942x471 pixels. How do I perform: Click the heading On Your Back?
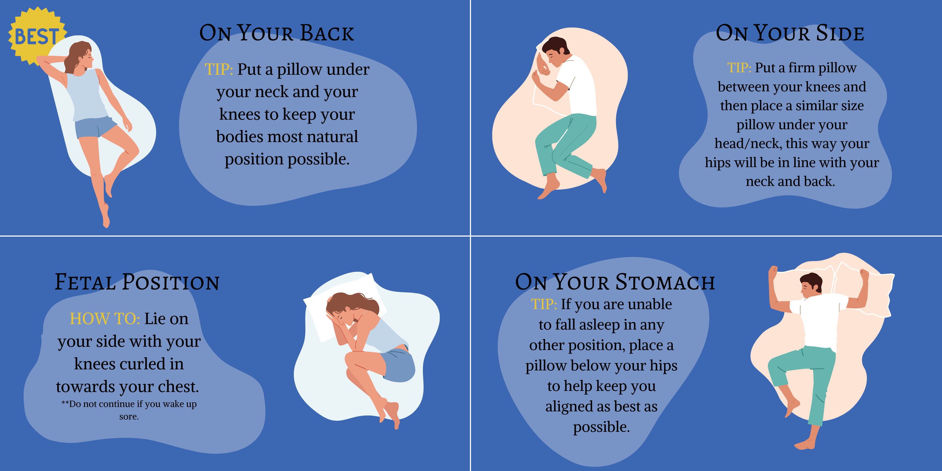pos(277,33)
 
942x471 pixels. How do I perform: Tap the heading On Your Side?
pos(790,33)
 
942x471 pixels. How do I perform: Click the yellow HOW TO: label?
pos(105,319)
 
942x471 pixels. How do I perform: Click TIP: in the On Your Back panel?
pos(219,69)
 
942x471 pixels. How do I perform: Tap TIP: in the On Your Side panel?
pos(739,68)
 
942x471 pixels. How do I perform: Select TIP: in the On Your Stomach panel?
pos(544,304)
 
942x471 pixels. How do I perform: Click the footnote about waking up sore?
pos(129,410)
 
